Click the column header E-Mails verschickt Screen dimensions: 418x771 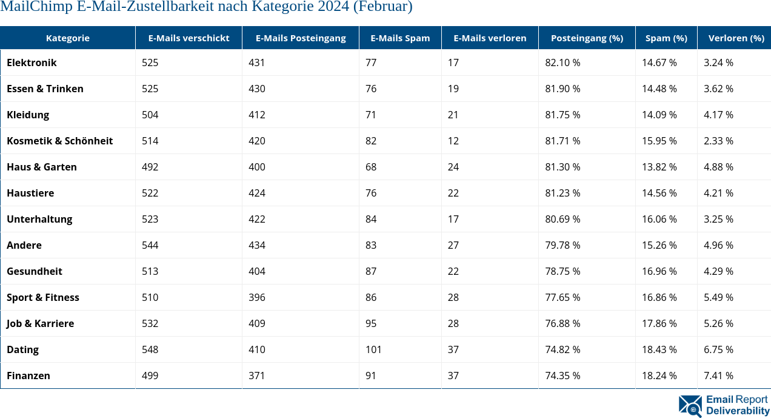coord(189,38)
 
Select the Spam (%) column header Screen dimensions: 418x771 coord(666,38)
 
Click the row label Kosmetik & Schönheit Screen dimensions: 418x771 coord(59,141)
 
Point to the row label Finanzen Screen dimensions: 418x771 coord(28,376)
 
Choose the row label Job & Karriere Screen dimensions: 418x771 coord(40,323)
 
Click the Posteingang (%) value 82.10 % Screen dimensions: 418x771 coord(562,62)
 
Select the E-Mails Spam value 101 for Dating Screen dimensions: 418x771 coord(373,349)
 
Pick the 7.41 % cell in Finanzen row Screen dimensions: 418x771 coord(718,376)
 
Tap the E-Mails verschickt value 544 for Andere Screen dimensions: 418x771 coord(150,245)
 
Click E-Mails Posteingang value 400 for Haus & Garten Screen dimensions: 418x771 coord(257,167)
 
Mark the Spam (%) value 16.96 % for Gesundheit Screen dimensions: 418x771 coord(659,271)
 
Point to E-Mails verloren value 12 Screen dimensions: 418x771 coord(453,141)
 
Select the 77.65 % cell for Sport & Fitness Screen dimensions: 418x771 coord(562,297)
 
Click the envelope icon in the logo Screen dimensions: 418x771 coord(690,405)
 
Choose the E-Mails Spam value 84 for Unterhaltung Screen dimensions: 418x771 coord(371,219)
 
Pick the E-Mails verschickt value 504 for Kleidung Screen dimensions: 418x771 coord(150,115)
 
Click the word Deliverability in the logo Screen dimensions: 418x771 coord(737,411)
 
